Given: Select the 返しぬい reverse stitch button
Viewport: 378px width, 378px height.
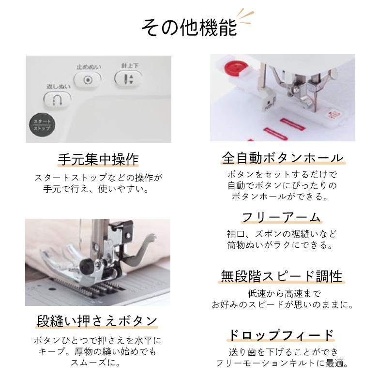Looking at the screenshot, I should click(58, 100).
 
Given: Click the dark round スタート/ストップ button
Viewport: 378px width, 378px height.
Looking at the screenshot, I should click(41, 125).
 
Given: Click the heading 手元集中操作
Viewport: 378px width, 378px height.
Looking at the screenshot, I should click(98, 159).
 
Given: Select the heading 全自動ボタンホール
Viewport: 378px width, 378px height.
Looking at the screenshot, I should click(282, 158).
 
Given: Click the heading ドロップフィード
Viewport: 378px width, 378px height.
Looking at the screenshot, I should click(281, 335).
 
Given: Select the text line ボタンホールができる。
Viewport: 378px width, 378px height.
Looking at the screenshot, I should click(281, 197).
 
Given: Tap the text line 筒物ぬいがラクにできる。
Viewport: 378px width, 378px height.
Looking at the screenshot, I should click(281, 245).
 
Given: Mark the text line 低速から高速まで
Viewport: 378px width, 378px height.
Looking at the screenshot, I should click(281, 293).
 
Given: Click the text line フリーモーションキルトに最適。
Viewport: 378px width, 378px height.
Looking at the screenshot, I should click(281, 363).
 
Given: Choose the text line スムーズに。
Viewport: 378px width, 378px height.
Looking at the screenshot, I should click(98, 363).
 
